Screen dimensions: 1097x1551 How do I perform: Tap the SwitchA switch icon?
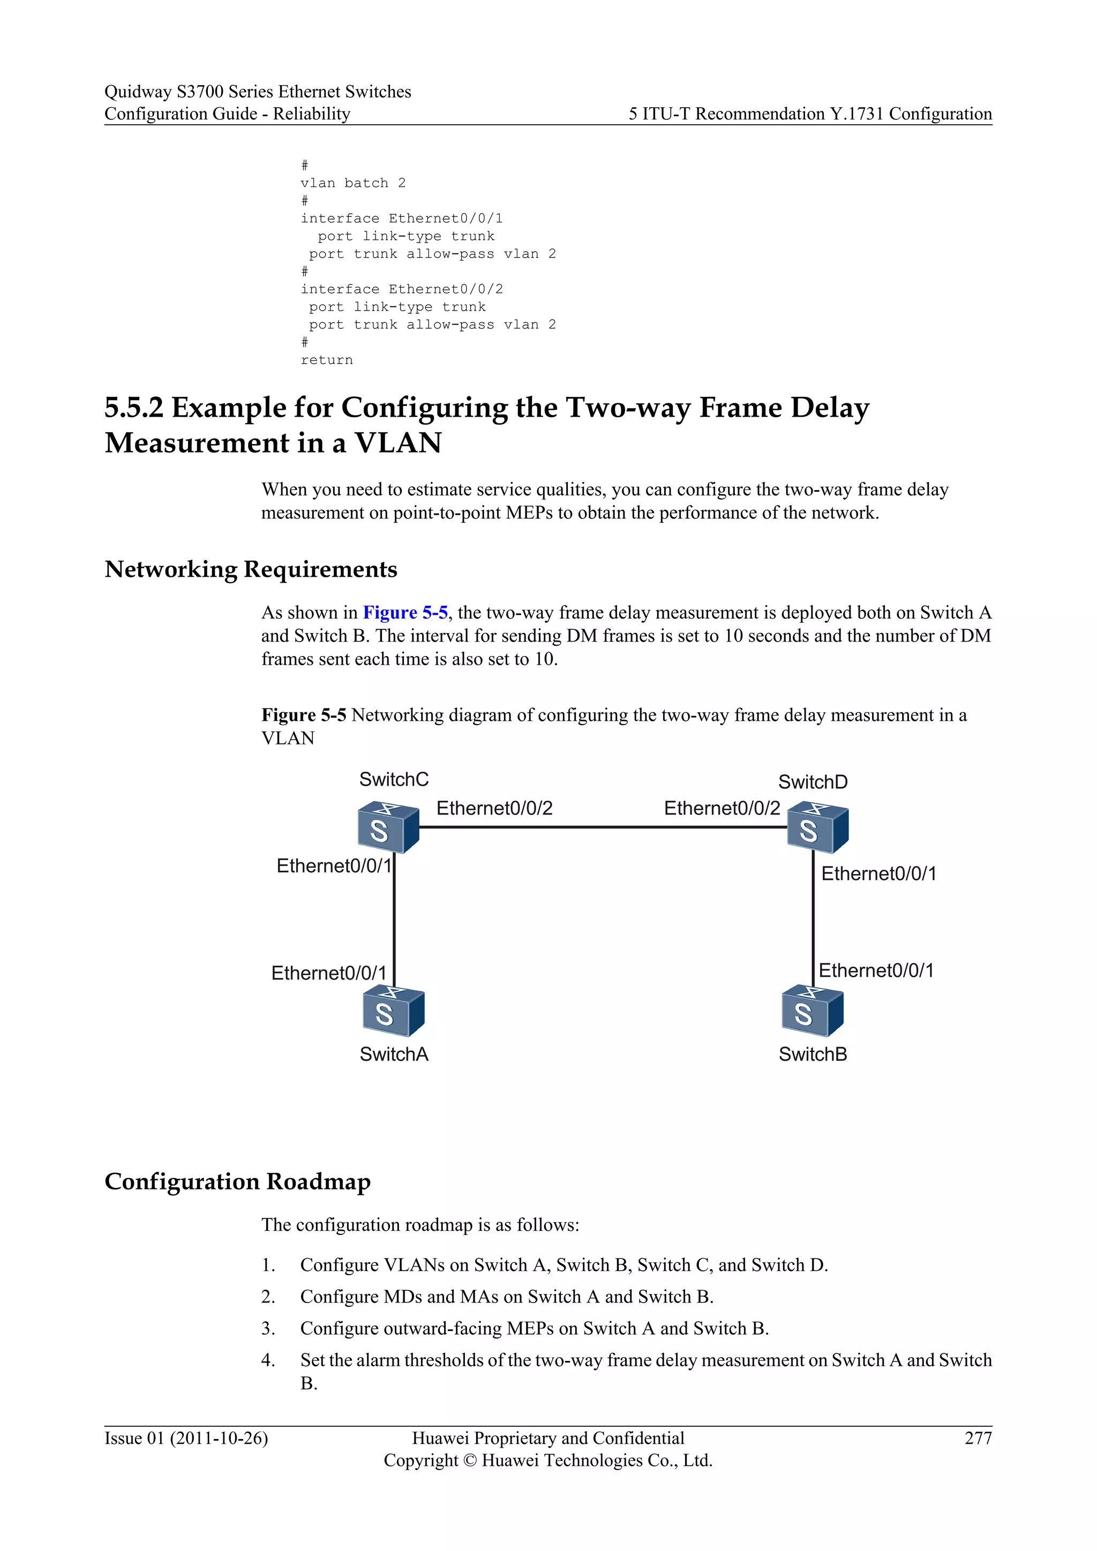[x=393, y=1011]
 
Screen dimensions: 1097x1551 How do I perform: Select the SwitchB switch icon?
[x=812, y=1011]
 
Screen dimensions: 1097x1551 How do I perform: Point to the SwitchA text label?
[x=394, y=1054]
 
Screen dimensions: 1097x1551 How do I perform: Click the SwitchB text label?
[x=813, y=1054]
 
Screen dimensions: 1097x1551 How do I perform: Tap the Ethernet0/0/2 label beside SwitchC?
[x=494, y=808]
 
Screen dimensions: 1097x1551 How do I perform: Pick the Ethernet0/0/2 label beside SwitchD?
[x=722, y=808]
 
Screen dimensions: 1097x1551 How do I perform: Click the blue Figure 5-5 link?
[x=405, y=613]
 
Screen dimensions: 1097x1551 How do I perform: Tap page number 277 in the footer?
[x=978, y=1438]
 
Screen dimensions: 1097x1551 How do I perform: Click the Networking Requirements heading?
[x=251, y=569]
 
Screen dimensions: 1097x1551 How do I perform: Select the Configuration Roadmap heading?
[x=238, y=1181]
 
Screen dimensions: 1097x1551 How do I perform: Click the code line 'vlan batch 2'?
[x=352, y=183]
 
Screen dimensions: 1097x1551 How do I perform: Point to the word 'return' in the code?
[x=326, y=360]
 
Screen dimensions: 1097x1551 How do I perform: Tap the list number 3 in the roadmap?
[x=268, y=1329]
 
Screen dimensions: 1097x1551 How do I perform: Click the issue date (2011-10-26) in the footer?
[x=219, y=1438]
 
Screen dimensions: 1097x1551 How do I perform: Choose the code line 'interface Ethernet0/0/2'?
[x=401, y=289]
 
